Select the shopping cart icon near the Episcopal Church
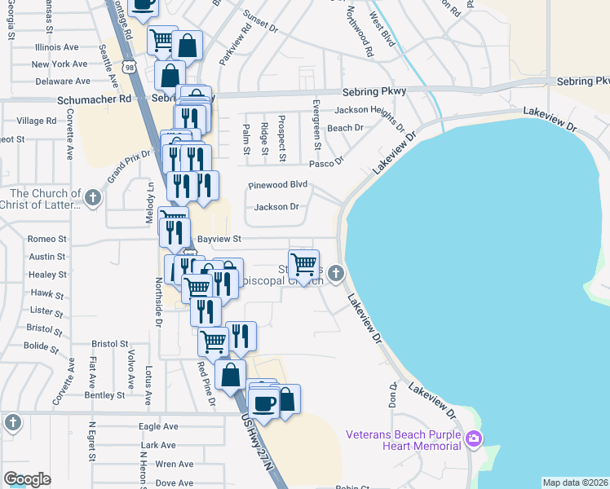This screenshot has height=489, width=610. [303, 264]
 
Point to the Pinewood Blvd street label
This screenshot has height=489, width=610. [277, 185]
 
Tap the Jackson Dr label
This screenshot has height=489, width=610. [276, 207]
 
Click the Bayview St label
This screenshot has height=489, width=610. [220, 239]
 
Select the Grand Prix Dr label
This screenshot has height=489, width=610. [130, 166]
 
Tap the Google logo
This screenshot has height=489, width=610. [27, 479]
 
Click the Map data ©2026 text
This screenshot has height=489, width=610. [575, 482]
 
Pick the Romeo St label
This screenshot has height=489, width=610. [46, 239]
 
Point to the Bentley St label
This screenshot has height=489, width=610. [104, 395]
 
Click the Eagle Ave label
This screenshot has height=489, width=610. [158, 426]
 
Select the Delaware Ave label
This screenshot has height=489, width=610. [61, 81]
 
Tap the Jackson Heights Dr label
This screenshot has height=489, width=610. [369, 112]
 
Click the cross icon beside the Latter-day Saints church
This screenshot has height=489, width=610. [94, 197]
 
